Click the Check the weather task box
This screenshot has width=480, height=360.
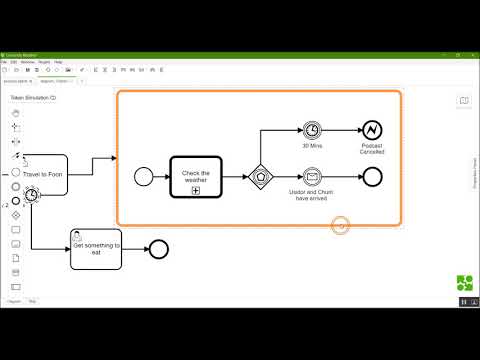click(x=195, y=176)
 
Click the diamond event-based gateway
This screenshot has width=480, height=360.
click(x=261, y=176)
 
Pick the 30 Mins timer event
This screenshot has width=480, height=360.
click(x=313, y=130)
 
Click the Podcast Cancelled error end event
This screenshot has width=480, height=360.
click(x=372, y=130)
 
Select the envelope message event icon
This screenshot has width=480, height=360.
click(x=313, y=177)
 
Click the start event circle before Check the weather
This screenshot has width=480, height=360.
click(x=142, y=176)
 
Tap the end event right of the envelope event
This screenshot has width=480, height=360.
click(x=372, y=177)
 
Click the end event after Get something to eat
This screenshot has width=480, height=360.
click(x=158, y=249)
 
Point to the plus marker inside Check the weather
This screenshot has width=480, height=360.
click(x=195, y=190)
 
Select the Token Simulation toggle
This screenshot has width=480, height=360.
click(x=33, y=98)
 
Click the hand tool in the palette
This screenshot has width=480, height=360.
click(x=16, y=113)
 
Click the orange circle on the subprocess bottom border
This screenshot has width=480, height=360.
click(x=341, y=225)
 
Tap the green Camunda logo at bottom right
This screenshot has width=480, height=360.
click(x=465, y=282)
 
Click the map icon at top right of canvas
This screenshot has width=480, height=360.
click(x=464, y=100)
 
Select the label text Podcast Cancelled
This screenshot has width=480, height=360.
click(x=372, y=149)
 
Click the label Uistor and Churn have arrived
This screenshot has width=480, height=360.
click(x=313, y=196)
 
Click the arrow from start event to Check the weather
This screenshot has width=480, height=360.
click(x=160, y=176)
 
